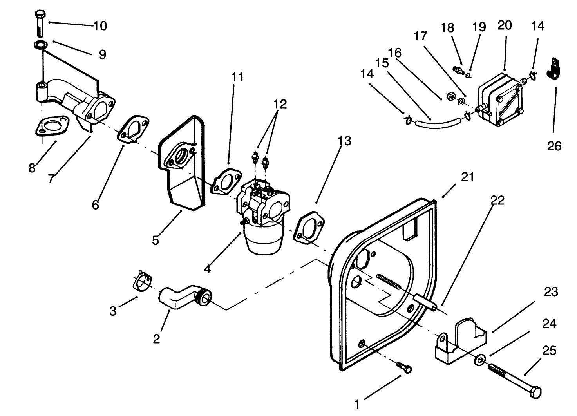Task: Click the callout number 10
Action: pyautogui.click(x=100, y=26)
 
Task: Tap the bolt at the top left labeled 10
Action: pyautogui.click(x=40, y=24)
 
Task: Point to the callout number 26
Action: pyautogui.click(x=554, y=146)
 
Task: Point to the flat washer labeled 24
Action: pyautogui.click(x=479, y=360)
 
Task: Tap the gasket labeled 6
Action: pyautogui.click(x=133, y=127)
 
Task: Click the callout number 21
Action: pyautogui.click(x=467, y=177)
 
